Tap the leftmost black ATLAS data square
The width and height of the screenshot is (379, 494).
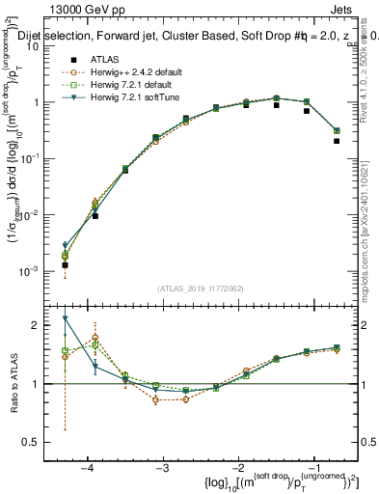[65, 264]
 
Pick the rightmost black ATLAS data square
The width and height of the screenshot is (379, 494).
[337, 141]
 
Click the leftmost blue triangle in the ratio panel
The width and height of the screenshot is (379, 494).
[65, 318]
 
